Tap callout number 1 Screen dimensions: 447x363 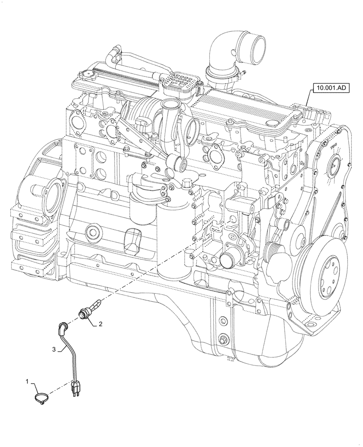pos(28,383)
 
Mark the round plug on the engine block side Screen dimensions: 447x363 pos(93,231)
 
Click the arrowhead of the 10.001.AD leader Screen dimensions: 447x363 pos(308,106)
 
